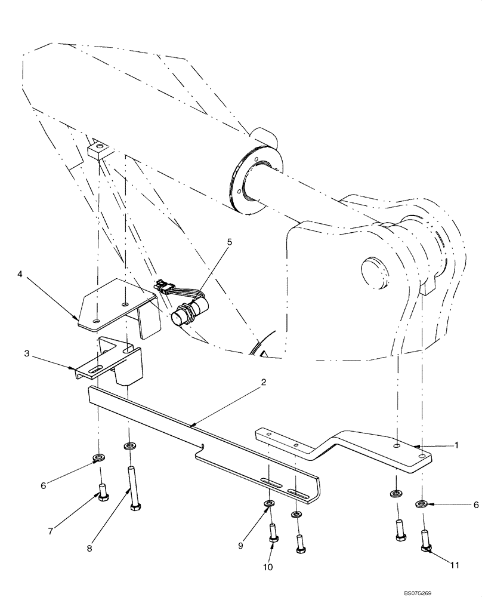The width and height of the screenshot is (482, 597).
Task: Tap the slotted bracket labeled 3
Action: [110, 361]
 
